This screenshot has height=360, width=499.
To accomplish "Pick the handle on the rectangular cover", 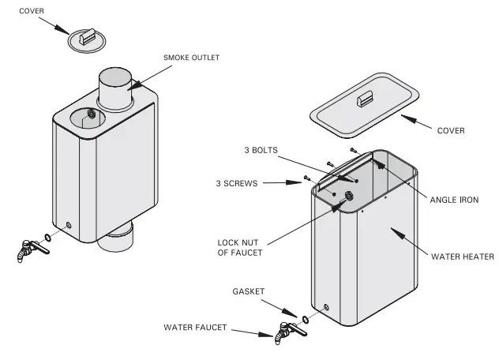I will [x=365, y=98].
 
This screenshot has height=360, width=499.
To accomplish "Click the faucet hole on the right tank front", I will [x=325, y=306].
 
